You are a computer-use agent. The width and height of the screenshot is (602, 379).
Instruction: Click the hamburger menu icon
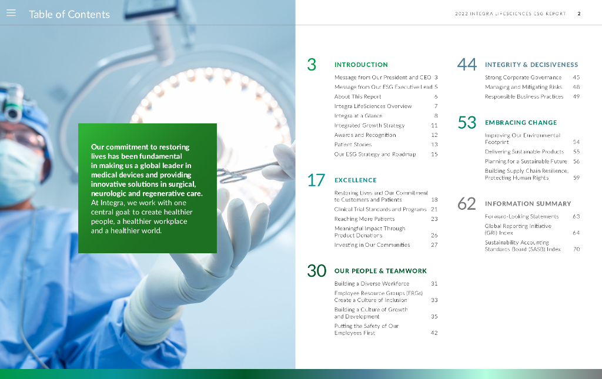click(x=11, y=13)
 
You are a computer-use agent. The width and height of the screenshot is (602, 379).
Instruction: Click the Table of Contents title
click(x=69, y=15)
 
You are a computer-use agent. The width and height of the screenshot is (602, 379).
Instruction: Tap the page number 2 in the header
click(x=579, y=14)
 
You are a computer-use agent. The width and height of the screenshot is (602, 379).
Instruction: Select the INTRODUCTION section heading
click(x=361, y=65)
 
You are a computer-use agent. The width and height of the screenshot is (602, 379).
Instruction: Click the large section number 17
click(x=316, y=180)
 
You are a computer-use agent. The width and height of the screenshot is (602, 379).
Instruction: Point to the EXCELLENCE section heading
click(x=356, y=180)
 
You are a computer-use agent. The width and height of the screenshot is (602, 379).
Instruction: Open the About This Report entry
click(x=358, y=97)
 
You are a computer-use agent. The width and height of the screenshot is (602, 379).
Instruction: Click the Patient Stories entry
click(x=353, y=145)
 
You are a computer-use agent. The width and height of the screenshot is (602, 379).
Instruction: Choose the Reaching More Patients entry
click(x=364, y=219)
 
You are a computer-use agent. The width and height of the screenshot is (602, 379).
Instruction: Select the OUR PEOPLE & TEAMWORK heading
click(x=380, y=271)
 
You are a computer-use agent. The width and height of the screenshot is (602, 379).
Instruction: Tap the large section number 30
click(x=316, y=271)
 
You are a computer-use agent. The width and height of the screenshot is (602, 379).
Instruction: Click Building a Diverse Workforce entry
click(x=372, y=284)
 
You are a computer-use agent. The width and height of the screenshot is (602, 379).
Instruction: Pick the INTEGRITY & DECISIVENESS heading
click(x=531, y=65)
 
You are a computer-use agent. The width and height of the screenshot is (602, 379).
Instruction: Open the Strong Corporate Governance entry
click(x=523, y=78)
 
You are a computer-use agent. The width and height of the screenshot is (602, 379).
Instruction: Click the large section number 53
click(x=467, y=123)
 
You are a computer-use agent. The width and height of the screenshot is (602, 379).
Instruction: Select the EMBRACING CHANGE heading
click(x=521, y=123)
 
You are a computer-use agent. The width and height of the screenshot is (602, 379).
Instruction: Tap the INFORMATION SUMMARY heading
click(x=528, y=204)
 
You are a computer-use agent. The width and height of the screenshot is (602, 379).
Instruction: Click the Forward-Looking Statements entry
click(x=522, y=217)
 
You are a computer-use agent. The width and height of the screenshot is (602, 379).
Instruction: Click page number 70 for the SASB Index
click(x=576, y=249)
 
